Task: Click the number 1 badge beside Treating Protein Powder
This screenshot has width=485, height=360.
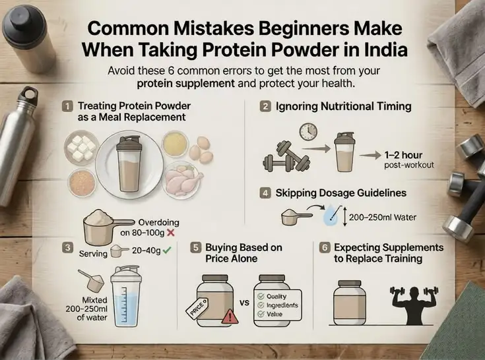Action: point(67,107)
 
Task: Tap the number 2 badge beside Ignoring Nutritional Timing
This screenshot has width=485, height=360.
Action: point(265,107)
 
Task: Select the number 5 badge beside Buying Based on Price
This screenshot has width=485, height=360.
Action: point(195,248)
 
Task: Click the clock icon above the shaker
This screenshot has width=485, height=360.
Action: point(308,132)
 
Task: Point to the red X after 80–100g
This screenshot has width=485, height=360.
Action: point(170,233)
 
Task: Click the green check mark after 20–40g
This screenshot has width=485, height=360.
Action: point(167,251)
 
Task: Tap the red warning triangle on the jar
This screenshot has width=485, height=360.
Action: point(230,316)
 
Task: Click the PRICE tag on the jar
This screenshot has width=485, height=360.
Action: point(197,307)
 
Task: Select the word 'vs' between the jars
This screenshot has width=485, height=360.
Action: point(244,303)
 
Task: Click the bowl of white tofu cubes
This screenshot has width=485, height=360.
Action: point(81,147)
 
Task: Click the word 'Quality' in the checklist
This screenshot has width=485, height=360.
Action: point(276,296)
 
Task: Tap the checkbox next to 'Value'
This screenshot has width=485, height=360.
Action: point(261,315)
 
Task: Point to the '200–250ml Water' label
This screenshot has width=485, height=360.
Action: point(383,218)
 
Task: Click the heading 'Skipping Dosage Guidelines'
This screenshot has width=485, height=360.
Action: point(341,193)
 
